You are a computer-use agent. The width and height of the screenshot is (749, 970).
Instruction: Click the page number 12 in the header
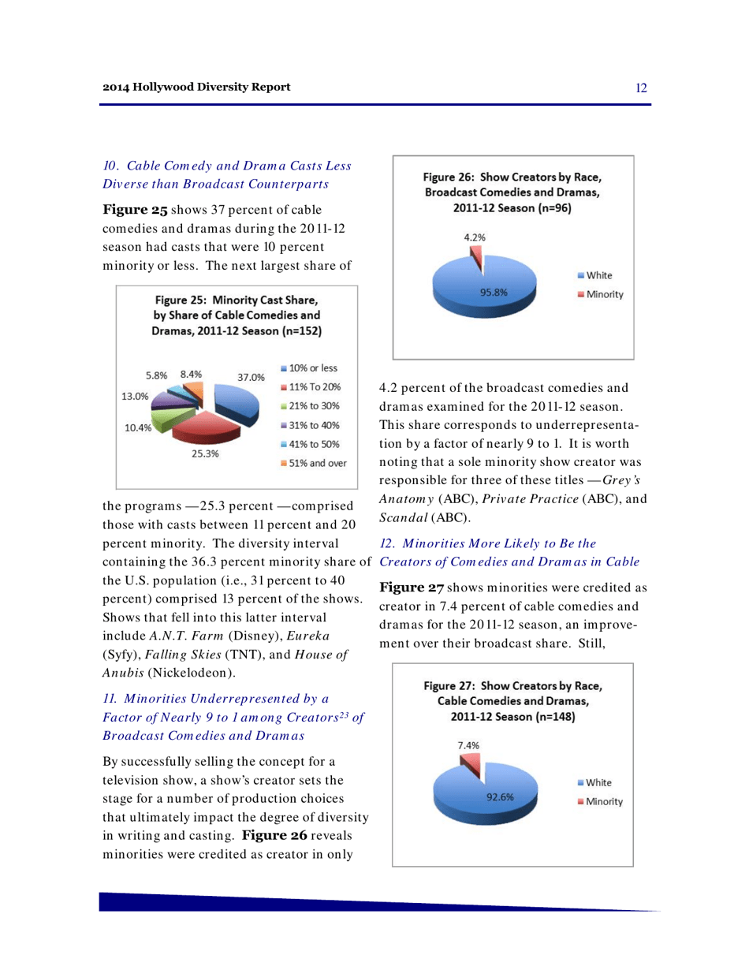click(x=641, y=86)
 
